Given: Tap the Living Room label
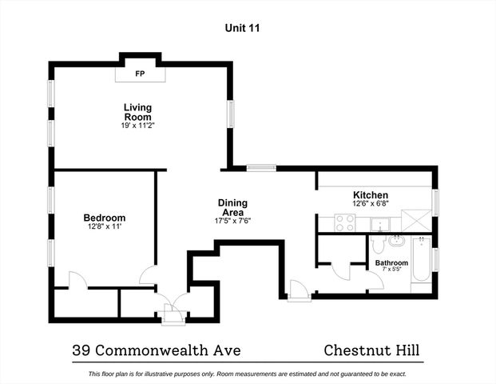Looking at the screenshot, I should [x=137, y=112].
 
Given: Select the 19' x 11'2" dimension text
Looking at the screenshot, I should [x=137, y=126].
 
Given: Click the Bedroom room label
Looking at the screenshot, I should [x=105, y=218].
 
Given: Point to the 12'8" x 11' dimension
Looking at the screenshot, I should [x=105, y=227].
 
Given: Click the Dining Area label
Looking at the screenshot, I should [x=233, y=207].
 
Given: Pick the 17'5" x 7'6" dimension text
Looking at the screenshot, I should [x=233, y=221].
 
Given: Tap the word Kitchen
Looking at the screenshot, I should [x=371, y=195].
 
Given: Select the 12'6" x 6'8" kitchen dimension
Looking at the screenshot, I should [x=371, y=205].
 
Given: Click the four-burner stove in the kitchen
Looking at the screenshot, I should [x=345, y=223].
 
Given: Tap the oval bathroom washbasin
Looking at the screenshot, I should [x=399, y=241].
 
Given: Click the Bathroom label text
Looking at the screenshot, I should [x=391, y=262].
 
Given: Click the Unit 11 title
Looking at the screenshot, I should [x=242, y=28].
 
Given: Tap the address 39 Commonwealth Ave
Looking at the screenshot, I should [x=156, y=350].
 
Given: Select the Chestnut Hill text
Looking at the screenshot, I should [x=371, y=350].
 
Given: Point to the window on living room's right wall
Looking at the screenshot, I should [x=231, y=113].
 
